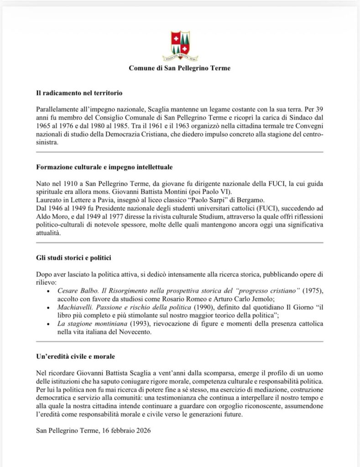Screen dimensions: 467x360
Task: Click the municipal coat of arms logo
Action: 180,46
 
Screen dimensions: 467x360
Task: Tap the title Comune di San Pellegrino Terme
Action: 180,68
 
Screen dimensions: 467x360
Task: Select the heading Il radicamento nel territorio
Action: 79,93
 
